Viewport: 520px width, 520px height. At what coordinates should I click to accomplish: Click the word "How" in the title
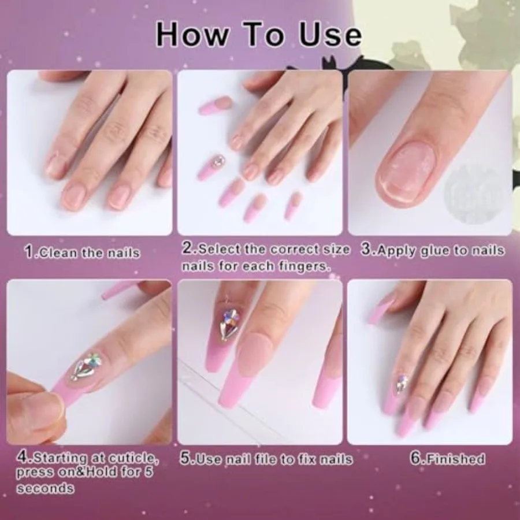tap(192, 35)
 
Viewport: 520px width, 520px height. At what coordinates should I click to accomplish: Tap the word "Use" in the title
tap(330, 35)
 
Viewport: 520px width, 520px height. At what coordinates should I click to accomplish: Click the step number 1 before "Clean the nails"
tap(29, 252)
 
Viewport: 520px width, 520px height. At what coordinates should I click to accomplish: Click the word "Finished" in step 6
tap(455, 459)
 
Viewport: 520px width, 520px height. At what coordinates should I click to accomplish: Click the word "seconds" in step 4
tap(46, 488)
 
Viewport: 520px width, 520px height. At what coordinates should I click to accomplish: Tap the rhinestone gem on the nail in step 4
tap(86, 366)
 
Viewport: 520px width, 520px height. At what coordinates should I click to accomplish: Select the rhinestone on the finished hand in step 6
tap(402, 384)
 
